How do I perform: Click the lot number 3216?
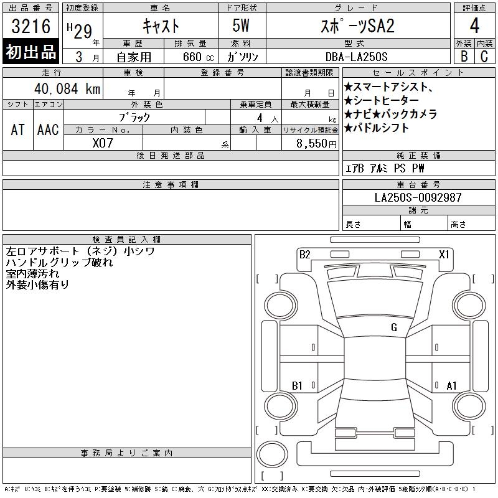click(31, 26)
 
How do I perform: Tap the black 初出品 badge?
click(31, 52)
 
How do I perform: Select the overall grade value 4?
click(474, 26)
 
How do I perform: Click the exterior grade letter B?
click(464, 56)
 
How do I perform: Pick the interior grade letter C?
click(484, 56)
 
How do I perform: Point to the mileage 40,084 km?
click(67, 88)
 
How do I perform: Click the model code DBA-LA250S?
click(356, 57)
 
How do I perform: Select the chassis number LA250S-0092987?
click(418, 197)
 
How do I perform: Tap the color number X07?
click(103, 143)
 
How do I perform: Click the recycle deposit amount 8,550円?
click(316, 144)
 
